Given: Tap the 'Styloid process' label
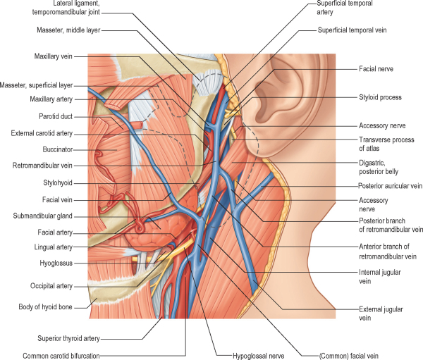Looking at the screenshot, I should [381, 97].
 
